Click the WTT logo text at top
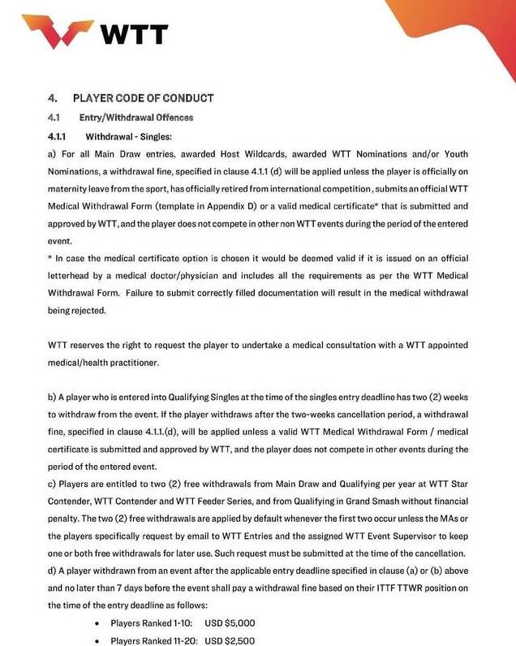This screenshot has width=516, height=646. point(134,35)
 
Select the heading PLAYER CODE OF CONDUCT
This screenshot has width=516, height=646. point(143,98)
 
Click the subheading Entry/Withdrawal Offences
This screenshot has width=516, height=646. point(135,118)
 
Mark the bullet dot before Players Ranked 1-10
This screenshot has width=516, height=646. point(97,622)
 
